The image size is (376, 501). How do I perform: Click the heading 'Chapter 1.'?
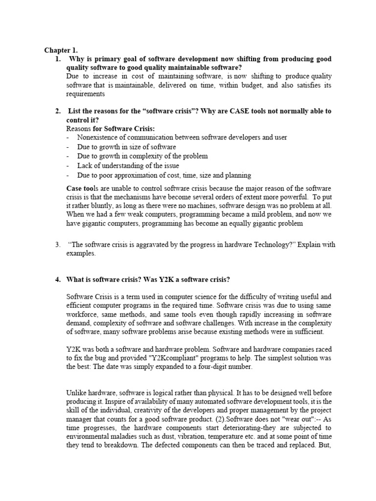61,50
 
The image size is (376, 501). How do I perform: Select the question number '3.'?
57,245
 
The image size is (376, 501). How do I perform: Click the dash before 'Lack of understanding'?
68,165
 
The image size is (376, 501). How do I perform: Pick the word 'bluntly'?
102,206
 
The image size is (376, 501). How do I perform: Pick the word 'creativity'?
146,411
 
